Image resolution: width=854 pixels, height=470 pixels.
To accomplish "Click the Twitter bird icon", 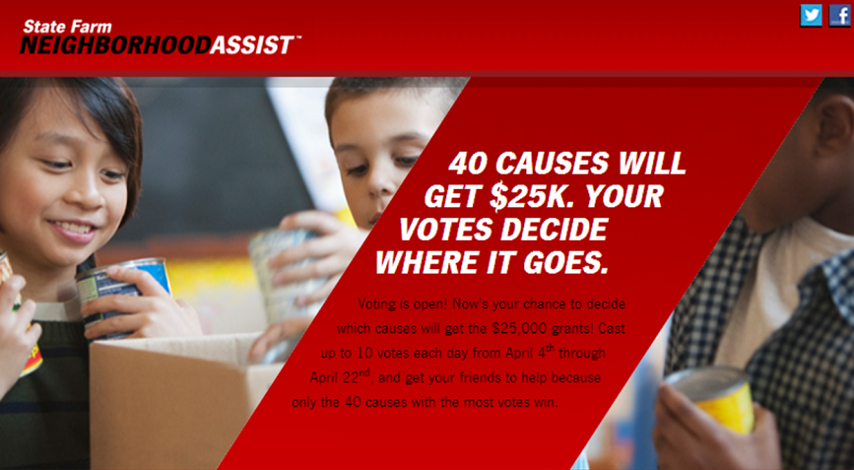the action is (x=811, y=15).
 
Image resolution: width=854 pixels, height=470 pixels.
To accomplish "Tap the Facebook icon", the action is (x=840, y=15).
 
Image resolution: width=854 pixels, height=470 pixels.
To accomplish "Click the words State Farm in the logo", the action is (x=67, y=27).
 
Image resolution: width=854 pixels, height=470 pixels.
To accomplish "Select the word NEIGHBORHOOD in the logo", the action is (x=115, y=45).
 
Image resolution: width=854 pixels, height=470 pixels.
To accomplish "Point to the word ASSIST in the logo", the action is (x=252, y=45).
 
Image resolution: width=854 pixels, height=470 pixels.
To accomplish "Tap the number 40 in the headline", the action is (x=468, y=164).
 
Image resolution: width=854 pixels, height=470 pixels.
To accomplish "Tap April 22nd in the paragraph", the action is (x=341, y=376).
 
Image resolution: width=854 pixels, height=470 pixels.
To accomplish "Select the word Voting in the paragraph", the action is (x=376, y=304).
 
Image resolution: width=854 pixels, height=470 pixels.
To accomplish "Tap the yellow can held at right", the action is (x=713, y=399).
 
